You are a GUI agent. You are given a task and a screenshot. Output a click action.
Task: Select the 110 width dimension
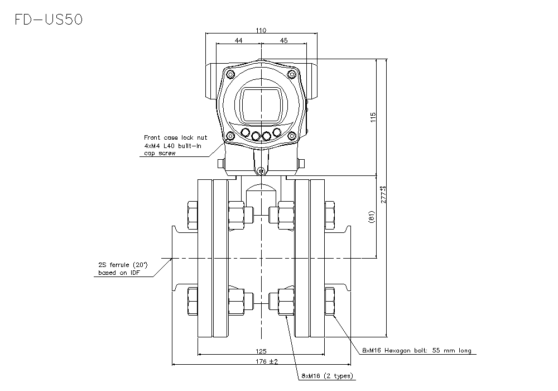[261, 31]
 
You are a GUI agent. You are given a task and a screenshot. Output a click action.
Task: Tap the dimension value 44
[238, 41]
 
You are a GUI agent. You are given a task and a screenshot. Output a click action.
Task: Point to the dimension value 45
[283, 41]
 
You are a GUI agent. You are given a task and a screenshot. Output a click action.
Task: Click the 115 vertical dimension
[373, 117]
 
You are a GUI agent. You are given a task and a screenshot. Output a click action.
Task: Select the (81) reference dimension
[372, 217]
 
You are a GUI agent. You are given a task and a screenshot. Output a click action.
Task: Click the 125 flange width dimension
[261, 351]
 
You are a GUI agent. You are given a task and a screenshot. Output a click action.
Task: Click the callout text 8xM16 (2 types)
[327, 376]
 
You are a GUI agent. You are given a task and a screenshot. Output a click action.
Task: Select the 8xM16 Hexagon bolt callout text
[416, 351]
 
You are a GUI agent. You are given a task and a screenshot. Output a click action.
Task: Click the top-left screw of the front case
[229, 73]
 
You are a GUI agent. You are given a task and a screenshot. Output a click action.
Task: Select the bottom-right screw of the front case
[292, 135]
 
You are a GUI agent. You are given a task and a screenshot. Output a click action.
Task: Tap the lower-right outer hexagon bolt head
[330, 302]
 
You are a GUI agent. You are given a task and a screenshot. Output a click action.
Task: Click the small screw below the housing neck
[261, 171]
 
